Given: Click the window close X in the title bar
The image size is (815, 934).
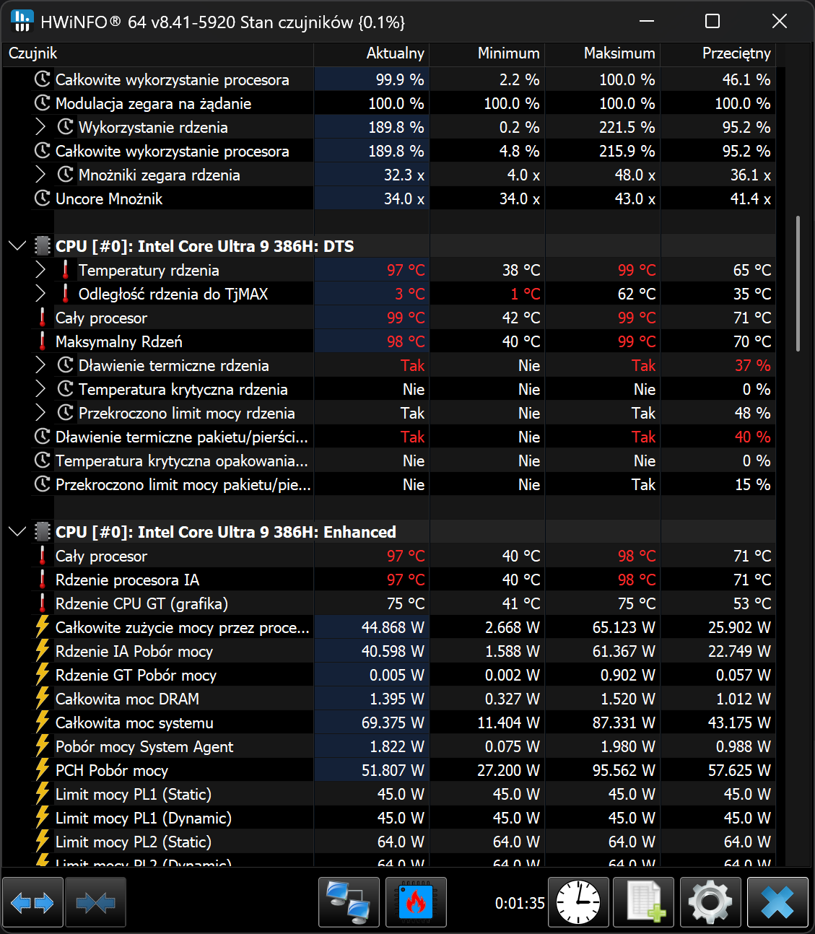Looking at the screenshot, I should (x=779, y=21).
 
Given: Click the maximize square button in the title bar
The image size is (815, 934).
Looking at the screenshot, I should (x=712, y=21).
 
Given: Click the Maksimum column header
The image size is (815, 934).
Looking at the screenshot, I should (x=619, y=53).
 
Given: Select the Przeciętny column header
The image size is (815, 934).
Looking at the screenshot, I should (x=736, y=53).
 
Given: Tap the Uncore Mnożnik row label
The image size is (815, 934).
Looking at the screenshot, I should (x=109, y=198).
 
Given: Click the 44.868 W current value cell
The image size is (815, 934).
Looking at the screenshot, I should (x=393, y=628).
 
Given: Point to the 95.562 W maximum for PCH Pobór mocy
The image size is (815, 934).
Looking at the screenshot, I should (x=624, y=771).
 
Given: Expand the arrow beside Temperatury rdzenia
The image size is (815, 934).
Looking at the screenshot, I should (x=40, y=270).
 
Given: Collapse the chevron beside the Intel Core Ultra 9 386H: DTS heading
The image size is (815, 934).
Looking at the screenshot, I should (x=17, y=246).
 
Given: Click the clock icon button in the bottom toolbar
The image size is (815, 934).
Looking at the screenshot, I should (x=578, y=902).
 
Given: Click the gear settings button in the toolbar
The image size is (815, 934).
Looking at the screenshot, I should (x=710, y=902).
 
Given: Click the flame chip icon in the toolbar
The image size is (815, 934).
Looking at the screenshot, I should (x=416, y=902).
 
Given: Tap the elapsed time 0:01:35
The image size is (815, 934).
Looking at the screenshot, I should (x=520, y=903).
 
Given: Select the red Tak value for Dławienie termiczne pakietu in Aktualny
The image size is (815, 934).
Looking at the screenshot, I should (x=412, y=437).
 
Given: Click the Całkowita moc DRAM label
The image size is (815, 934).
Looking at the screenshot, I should (x=127, y=699).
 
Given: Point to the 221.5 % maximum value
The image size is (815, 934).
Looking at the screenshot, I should (x=627, y=128).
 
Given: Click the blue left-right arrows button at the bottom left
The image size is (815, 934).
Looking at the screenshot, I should (x=32, y=902).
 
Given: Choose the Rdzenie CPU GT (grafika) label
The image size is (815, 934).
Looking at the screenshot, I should (x=141, y=604).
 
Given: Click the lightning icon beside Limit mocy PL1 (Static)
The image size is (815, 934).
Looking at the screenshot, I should (x=43, y=794).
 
